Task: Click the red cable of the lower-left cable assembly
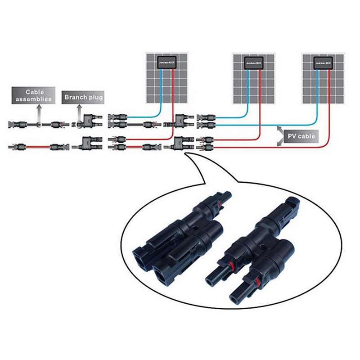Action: pos(36,147)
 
